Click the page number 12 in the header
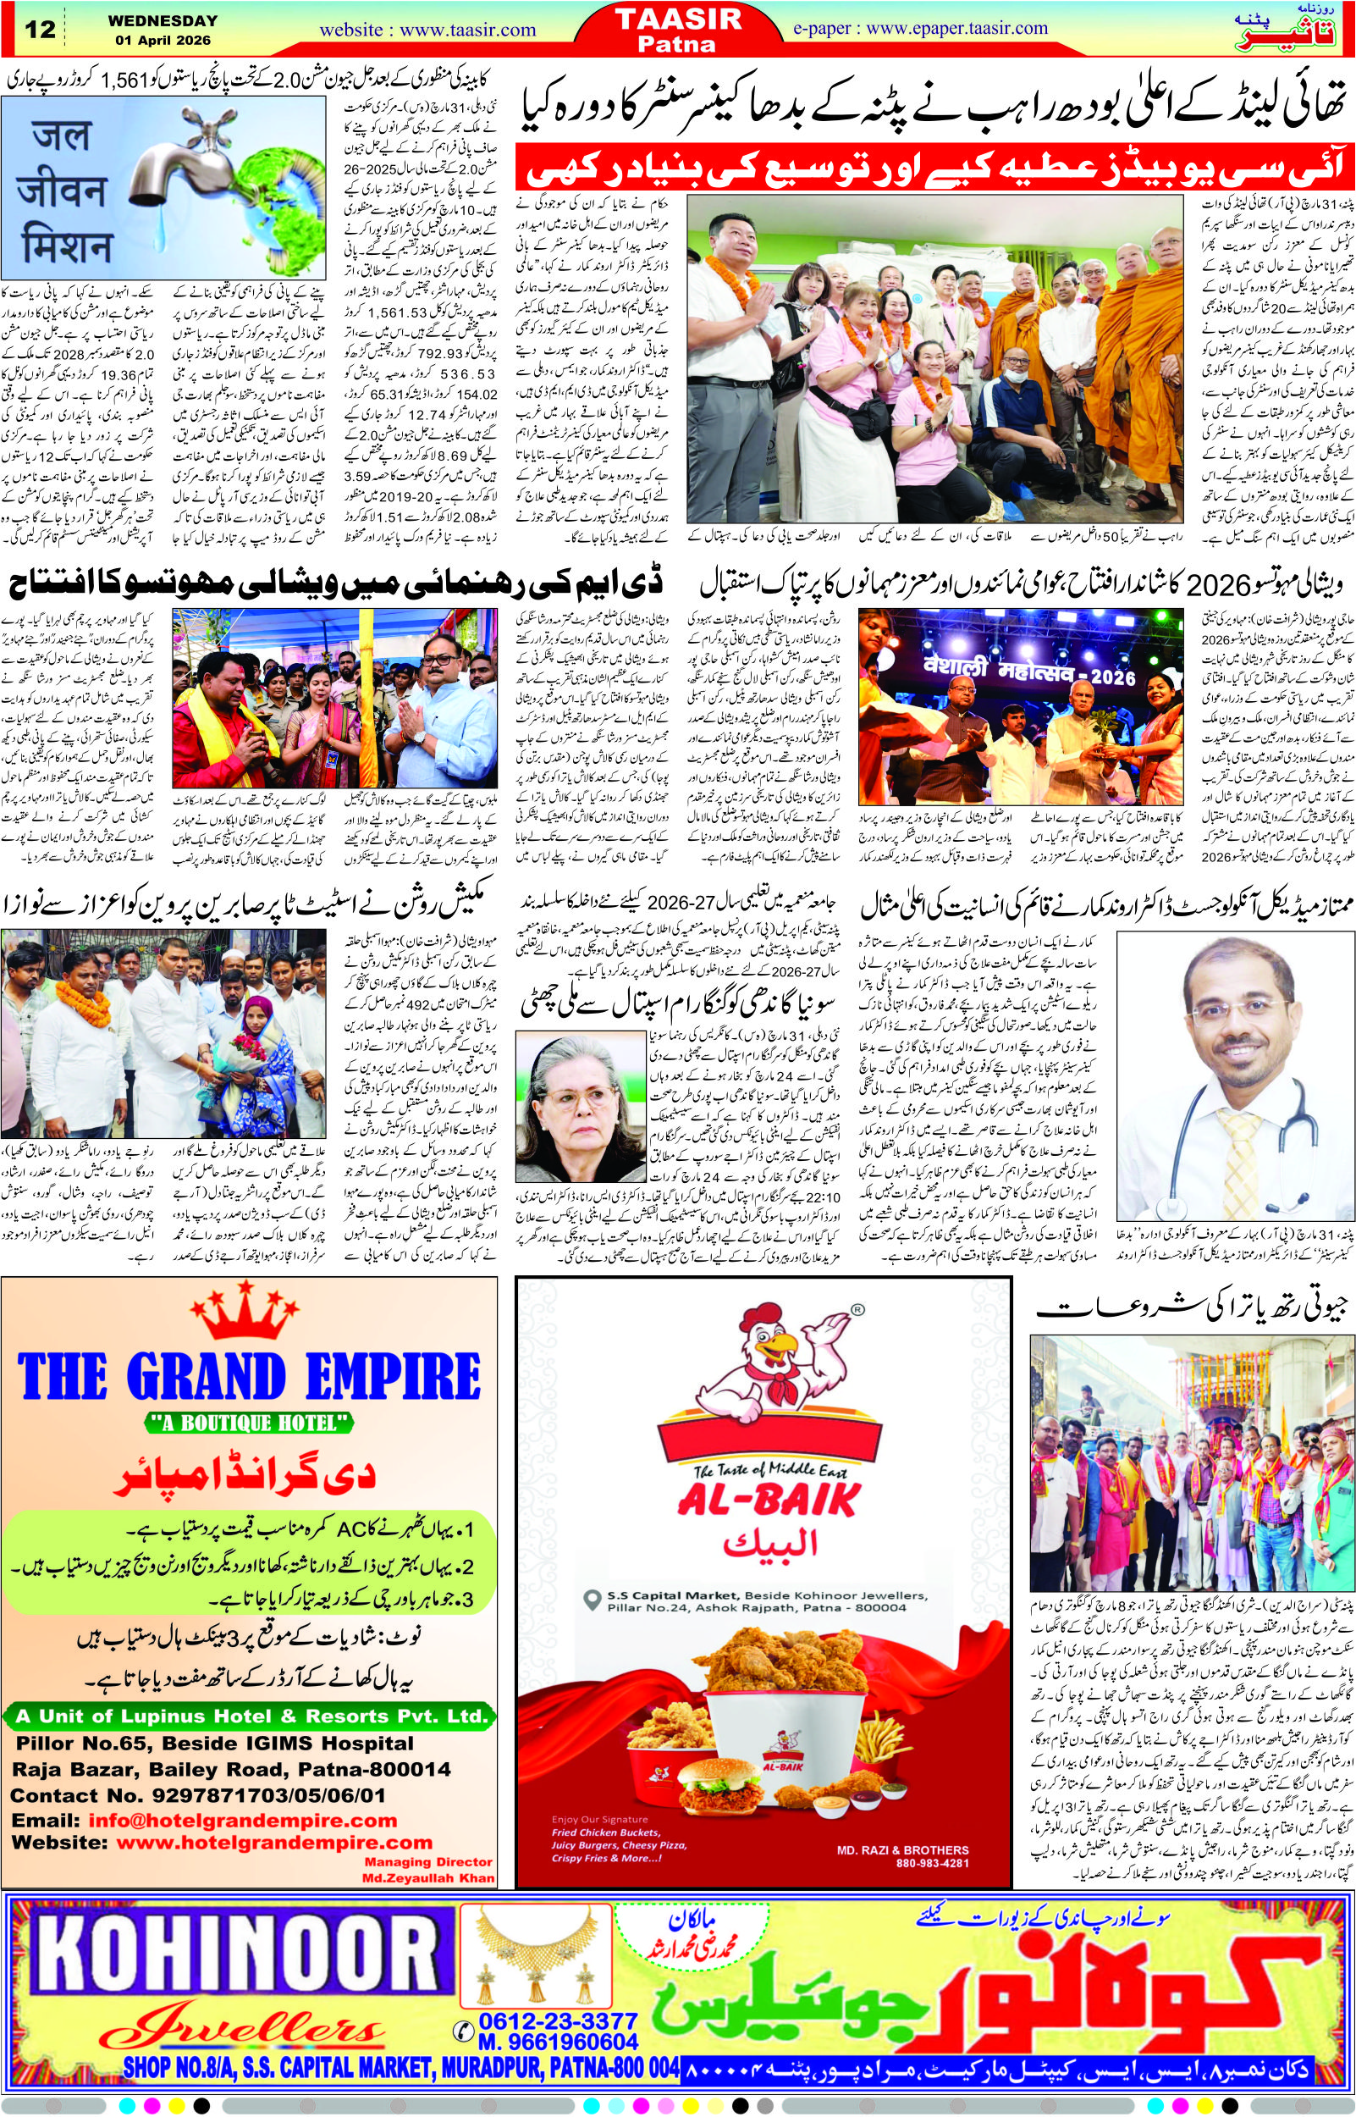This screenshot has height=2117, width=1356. tap(41, 28)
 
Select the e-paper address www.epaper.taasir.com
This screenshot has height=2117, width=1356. tap(956, 27)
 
